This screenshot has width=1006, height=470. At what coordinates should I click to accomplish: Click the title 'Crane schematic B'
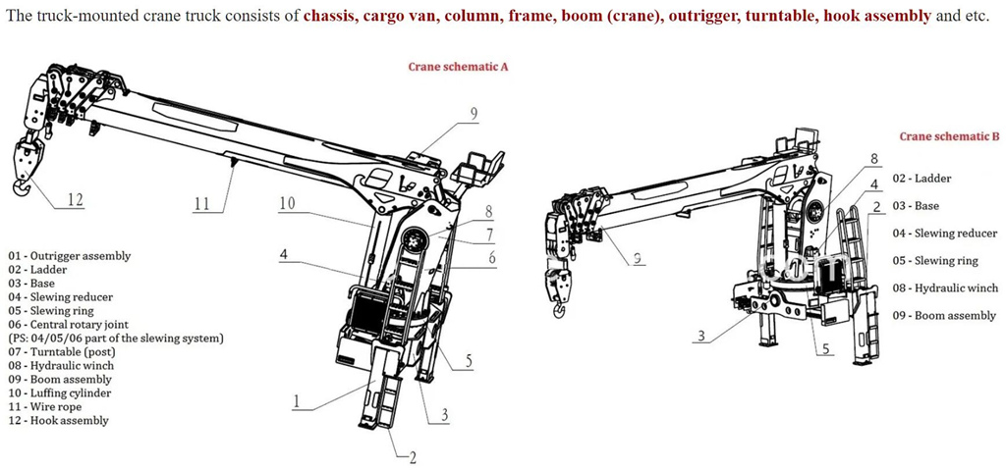tap(949, 136)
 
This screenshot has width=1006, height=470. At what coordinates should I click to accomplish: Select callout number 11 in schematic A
tap(201, 204)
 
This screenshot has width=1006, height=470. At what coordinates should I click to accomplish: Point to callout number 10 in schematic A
tap(287, 203)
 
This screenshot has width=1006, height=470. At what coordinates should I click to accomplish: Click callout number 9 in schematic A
tap(474, 115)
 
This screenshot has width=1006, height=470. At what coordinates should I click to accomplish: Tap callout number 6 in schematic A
tap(492, 258)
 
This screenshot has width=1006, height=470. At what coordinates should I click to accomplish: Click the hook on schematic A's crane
tap(22, 184)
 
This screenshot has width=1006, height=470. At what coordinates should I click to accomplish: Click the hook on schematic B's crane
tap(560, 312)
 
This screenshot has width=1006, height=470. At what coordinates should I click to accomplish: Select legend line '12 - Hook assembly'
tap(58, 421)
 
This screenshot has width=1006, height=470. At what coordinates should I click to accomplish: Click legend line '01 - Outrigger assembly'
tap(69, 256)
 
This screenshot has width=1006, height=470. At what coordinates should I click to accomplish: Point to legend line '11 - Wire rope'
tap(47, 407)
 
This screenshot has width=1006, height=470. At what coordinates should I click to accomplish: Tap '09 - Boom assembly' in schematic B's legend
tap(944, 316)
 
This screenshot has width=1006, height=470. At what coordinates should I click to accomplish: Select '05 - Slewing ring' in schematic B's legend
tap(936, 261)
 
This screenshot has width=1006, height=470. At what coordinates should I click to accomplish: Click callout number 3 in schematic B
tap(700, 336)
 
